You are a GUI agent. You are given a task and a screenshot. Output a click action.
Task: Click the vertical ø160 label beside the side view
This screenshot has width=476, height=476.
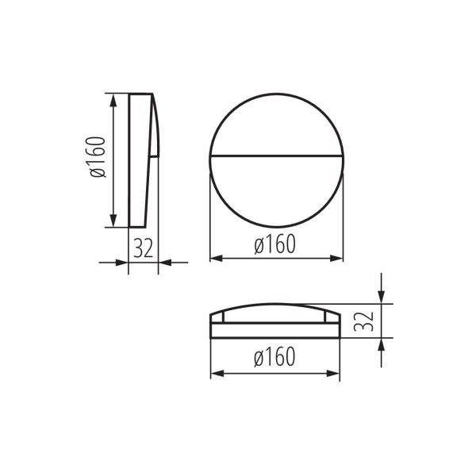[x=97, y=157]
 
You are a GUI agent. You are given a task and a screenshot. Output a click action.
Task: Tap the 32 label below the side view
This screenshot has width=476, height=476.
[x=144, y=248]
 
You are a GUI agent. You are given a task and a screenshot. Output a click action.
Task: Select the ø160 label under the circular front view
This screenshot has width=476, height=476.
[x=275, y=245]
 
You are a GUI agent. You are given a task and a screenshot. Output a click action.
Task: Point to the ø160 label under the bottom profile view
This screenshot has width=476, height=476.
[x=275, y=358]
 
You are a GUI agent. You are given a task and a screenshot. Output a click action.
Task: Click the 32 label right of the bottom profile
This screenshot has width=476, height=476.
[x=363, y=321]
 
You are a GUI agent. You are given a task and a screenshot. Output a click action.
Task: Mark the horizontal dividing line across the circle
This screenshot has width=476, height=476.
[x=276, y=153]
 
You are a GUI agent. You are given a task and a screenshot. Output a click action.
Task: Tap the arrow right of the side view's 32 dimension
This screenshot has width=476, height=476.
[x=165, y=262]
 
